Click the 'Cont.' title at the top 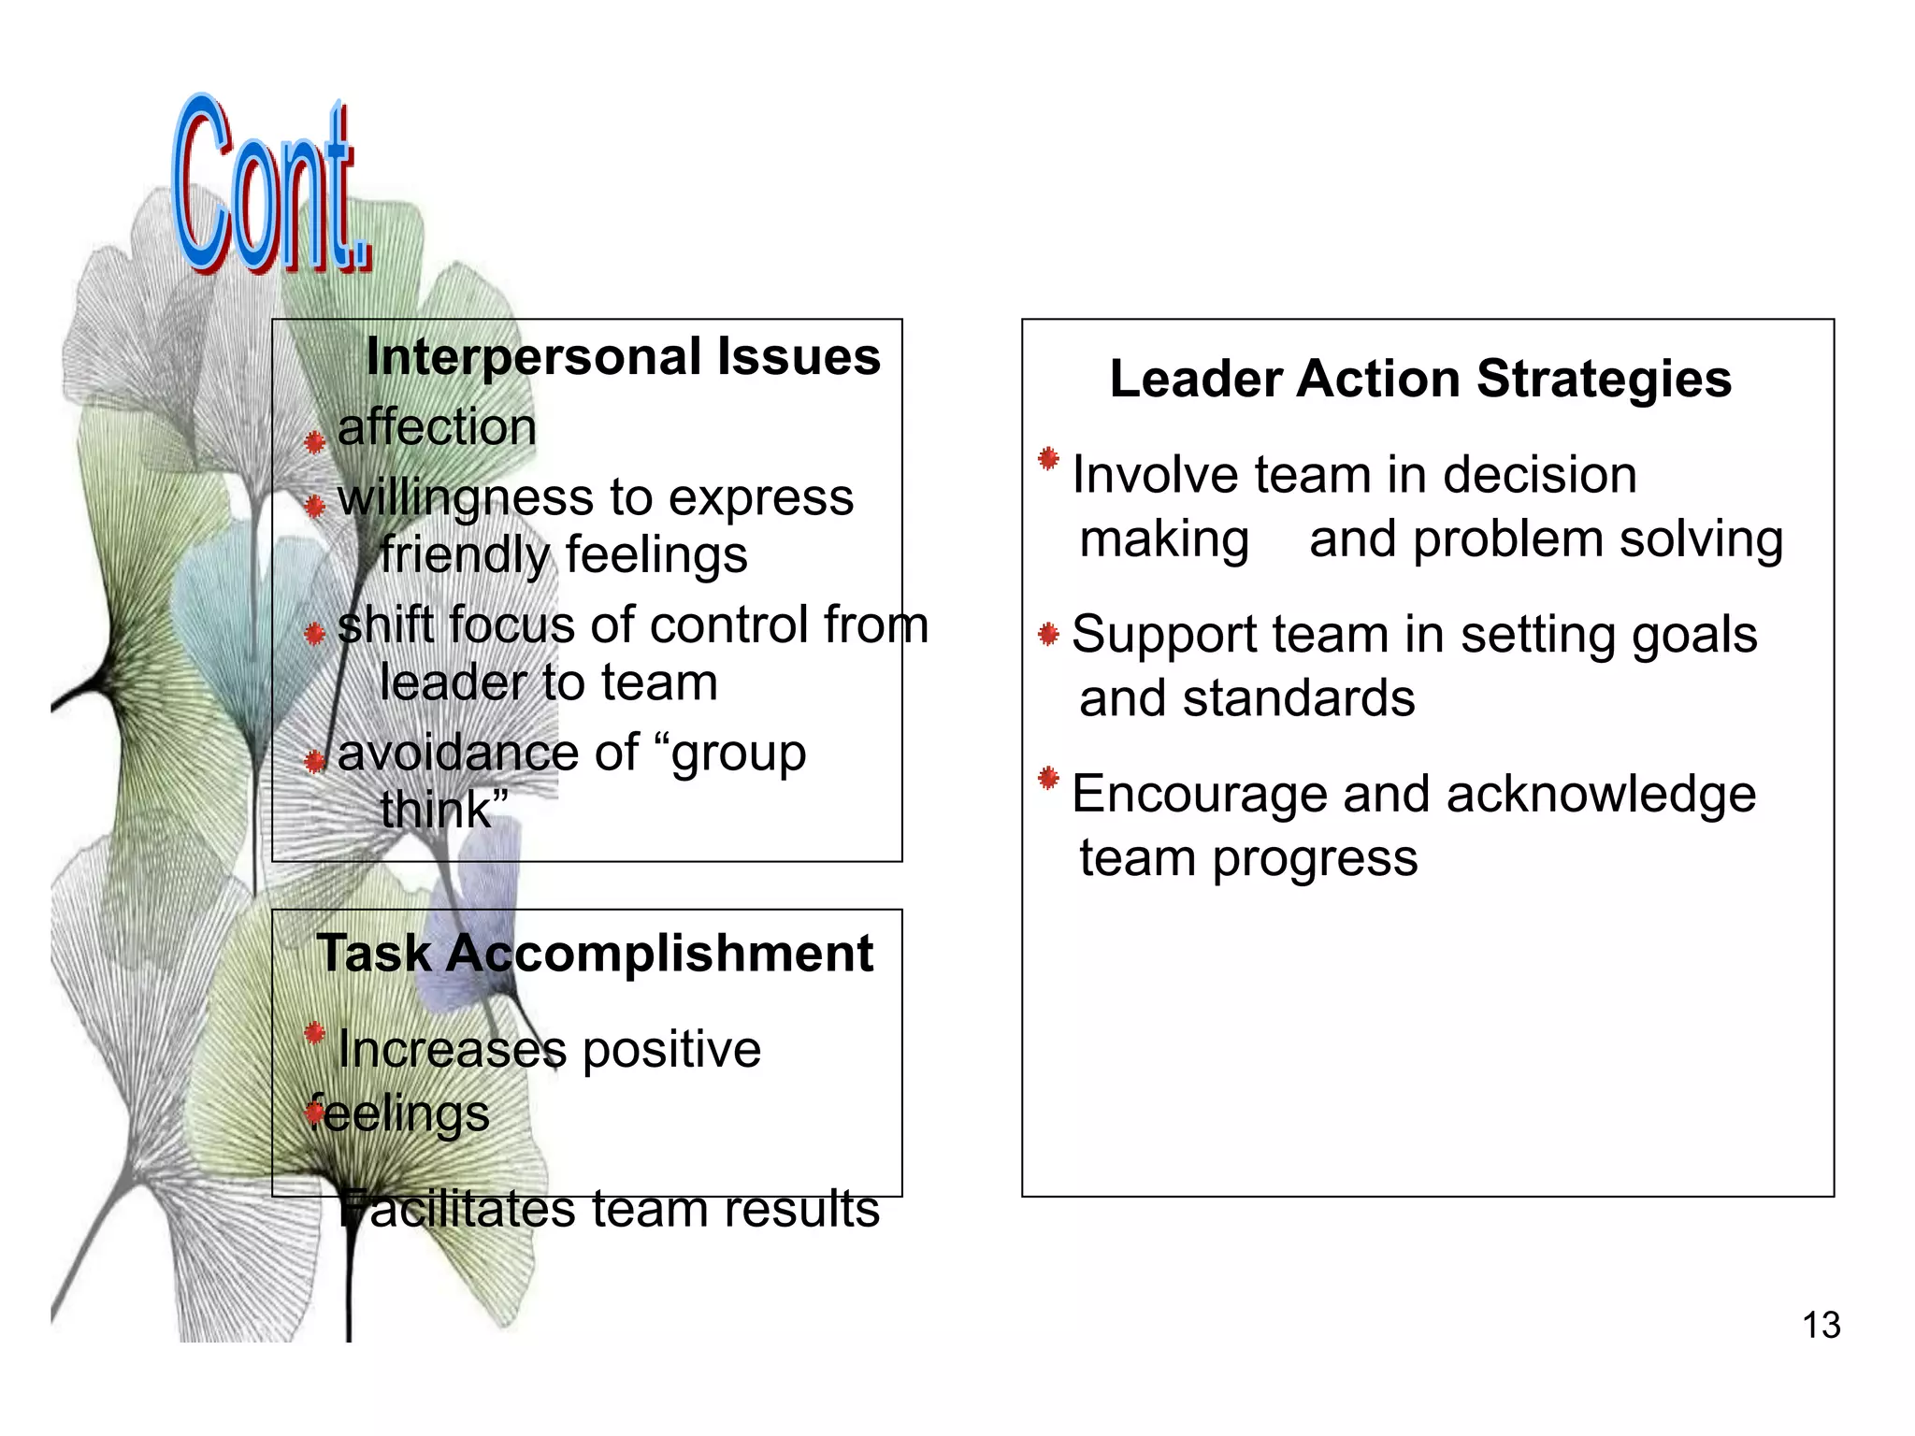click(x=271, y=187)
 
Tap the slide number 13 click(x=1821, y=1326)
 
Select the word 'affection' click(x=437, y=428)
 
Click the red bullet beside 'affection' click(x=315, y=441)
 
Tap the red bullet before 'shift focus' click(x=315, y=634)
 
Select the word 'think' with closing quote click(x=444, y=810)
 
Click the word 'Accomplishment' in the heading click(x=659, y=955)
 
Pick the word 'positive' click(x=671, y=1050)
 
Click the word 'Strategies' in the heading click(x=1604, y=380)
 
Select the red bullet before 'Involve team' click(x=1048, y=459)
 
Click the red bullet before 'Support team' click(x=1048, y=636)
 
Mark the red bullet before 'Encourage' click(x=1048, y=778)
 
